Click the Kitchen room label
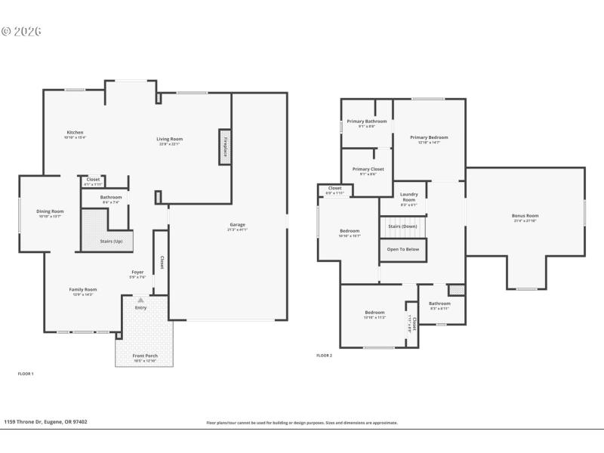pyautogui.click(x=74, y=132)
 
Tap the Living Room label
pyautogui.click(x=170, y=139)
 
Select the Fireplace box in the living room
pyautogui.click(x=224, y=146)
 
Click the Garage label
pyautogui.click(x=238, y=224)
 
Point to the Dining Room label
pyautogui.click(x=50, y=211)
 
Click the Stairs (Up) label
pyautogui.click(x=112, y=242)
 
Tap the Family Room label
pyautogui.click(x=83, y=289)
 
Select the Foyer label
pyautogui.click(x=137, y=272)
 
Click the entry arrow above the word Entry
pyautogui.click(x=140, y=300)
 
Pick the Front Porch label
pyautogui.click(x=144, y=356)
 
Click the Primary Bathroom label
pyautogui.click(x=367, y=122)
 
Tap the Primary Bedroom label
pyautogui.click(x=429, y=137)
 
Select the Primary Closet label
pyautogui.click(x=368, y=169)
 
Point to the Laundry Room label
pyautogui.click(x=408, y=196)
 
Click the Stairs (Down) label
pyautogui.click(x=402, y=226)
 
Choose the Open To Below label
pyautogui.click(x=402, y=249)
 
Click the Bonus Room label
pyautogui.click(x=525, y=216)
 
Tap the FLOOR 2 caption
pyautogui.click(x=324, y=355)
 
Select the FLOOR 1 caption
pyautogui.click(x=26, y=374)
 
